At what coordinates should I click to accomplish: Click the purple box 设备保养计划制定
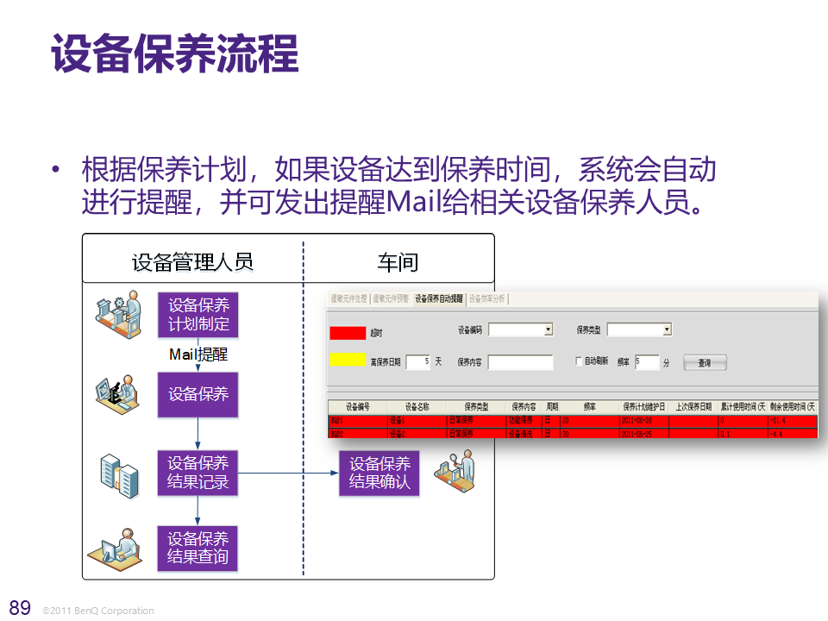(198, 315)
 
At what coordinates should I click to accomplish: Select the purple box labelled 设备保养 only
(198, 394)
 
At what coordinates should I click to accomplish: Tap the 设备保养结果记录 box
(198, 473)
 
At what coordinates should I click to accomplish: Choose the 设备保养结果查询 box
(198, 548)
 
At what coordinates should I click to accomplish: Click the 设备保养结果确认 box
(379, 473)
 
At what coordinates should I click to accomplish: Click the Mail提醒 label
(198, 354)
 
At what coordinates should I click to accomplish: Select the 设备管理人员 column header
(192, 261)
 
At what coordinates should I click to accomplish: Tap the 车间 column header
(398, 261)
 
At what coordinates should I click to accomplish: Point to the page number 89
(19, 605)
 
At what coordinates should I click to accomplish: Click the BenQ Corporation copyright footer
(98, 611)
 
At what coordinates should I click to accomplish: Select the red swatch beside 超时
(348, 332)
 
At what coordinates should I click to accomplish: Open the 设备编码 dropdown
(548, 329)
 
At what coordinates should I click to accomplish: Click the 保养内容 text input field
(520, 362)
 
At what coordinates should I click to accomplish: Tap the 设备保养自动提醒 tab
(438, 299)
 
